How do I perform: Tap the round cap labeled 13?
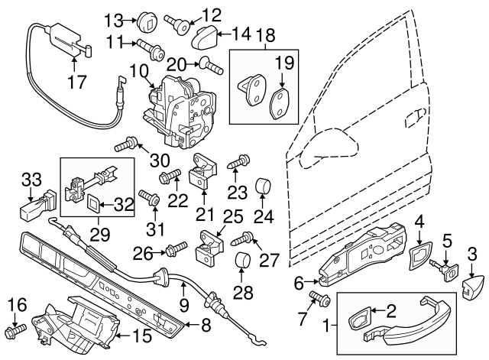[x=148, y=18]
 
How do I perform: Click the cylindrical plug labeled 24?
[x=264, y=186]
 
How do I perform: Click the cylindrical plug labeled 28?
[x=243, y=259]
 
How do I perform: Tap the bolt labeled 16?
[x=15, y=332]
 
